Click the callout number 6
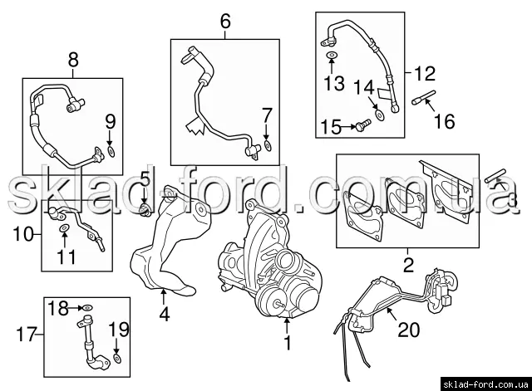coord(225,21)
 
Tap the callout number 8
coord(73,60)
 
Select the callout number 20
coord(408,330)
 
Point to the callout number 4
coord(165,315)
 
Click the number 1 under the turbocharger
coord(287,343)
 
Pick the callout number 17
coord(27,335)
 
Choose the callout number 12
coord(425,74)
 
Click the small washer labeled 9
coord(111,152)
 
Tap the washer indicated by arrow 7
coord(268,146)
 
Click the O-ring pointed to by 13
coord(332,54)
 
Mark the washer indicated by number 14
coord(379,115)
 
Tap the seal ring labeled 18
coord(87,308)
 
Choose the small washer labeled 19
coord(117,359)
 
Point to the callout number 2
coord(408,265)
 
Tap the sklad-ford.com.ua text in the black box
coord(485,384)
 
